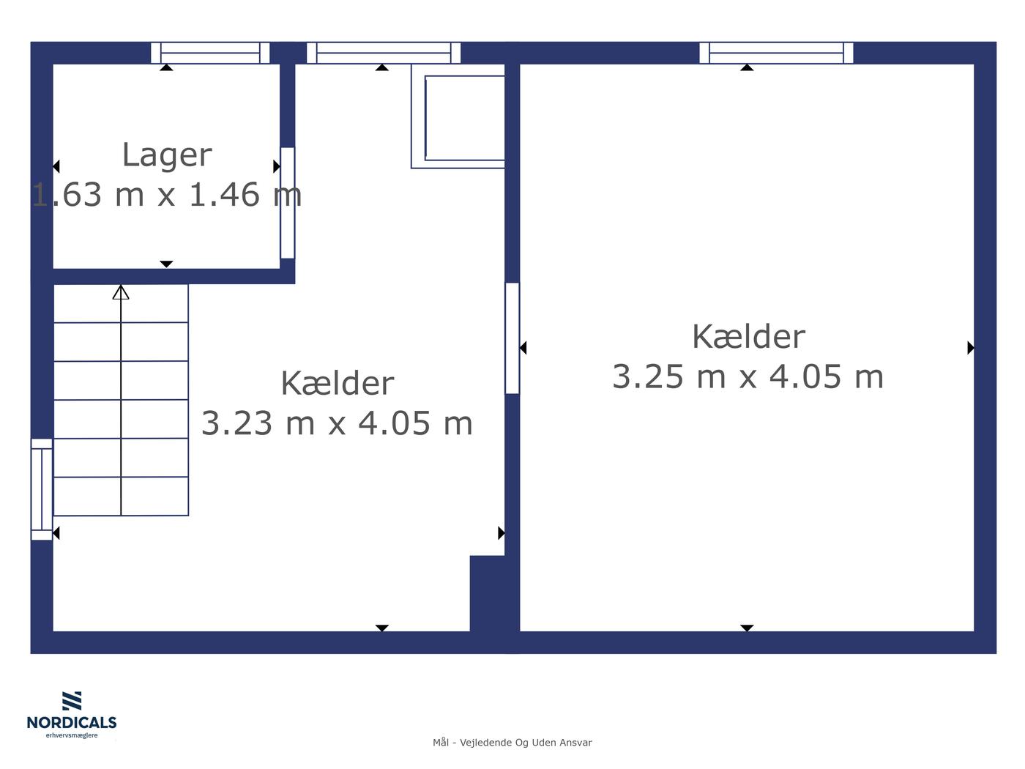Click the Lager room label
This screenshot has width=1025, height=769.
(167, 155)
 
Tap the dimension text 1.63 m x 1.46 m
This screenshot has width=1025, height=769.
(167, 195)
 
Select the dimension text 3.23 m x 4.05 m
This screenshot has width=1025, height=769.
(337, 423)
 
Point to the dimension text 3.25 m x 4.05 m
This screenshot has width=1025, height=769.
(748, 376)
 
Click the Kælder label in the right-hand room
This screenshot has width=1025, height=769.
(748, 337)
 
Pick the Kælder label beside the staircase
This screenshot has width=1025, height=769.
(338, 383)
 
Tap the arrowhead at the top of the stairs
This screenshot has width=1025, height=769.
(121, 292)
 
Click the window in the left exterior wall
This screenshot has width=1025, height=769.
(42, 488)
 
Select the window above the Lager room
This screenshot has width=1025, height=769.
(210, 53)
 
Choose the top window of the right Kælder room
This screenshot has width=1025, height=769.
(776, 53)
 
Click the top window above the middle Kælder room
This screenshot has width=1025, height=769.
(384, 53)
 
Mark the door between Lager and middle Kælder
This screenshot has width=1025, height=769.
(288, 203)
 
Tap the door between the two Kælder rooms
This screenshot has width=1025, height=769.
(512, 338)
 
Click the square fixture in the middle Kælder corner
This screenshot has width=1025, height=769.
(458, 116)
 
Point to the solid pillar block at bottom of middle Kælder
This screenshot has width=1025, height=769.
(488, 594)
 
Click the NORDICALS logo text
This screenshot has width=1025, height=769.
(72, 722)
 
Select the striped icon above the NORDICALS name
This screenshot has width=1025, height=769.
(72, 701)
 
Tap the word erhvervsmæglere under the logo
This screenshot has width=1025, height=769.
(72, 735)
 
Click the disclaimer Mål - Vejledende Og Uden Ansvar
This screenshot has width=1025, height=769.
(512, 743)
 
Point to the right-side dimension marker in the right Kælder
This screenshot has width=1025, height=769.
(971, 348)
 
